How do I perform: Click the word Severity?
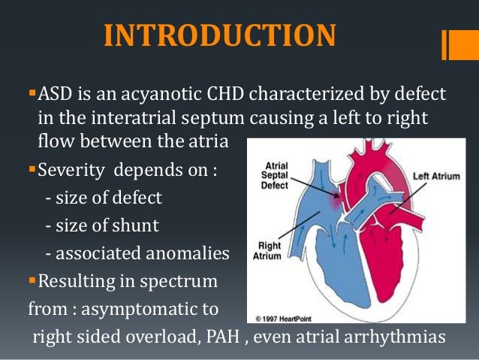(x=71, y=168)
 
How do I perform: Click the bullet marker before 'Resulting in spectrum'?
(x=32, y=281)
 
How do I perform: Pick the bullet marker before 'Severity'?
(x=32, y=168)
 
